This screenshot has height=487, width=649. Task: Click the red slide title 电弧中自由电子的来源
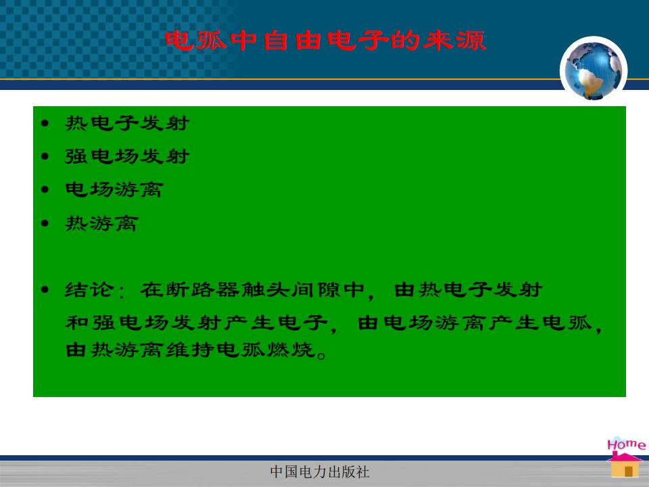(x=325, y=41)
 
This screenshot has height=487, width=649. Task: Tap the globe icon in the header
(x=593, y=70)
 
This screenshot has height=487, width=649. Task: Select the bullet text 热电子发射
(x=127, y=123)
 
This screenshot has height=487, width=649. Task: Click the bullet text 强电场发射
(x=127, y=156)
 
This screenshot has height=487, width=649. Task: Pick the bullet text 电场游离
(x=114, y=189)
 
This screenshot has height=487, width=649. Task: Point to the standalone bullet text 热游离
(x=101, y=223)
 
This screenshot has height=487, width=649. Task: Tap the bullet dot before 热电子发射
(x=45, y=123)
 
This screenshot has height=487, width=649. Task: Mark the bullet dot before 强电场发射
(x=45, y=156)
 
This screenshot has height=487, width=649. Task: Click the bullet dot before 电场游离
(x=45, y=189)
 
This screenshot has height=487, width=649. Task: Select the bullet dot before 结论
(x=45, y=289)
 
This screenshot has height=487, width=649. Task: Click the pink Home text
(x=626, y=444)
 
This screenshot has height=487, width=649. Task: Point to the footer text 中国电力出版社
(x=320, y=471)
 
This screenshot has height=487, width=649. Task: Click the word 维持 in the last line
(x=191, y=350)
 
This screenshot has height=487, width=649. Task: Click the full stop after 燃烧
(x=321, y=355)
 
